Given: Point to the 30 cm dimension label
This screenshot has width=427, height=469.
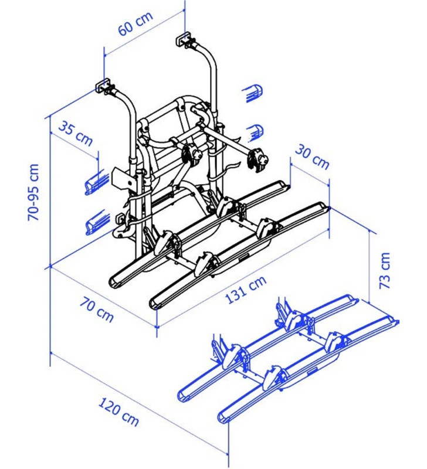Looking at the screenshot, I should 311,155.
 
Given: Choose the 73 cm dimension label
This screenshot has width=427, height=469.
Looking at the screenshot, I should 384,271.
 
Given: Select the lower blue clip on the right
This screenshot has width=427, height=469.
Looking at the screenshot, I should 254,131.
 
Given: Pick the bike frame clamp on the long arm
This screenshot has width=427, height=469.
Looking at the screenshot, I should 257,159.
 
